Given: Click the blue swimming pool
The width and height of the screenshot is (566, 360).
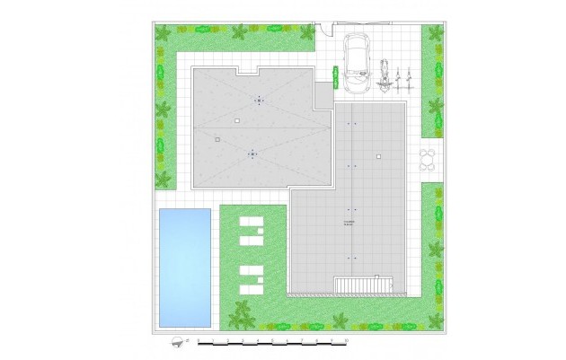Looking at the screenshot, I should [184, 267].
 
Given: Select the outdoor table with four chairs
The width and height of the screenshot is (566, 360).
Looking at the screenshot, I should [429, 160].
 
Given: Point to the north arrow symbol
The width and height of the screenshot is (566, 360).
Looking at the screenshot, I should [177, 341].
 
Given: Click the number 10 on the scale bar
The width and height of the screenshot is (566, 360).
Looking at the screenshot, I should [346, 343].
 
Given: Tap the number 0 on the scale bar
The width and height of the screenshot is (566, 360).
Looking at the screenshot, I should [199, 343].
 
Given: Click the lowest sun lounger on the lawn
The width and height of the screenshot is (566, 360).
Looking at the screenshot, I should [251, 286].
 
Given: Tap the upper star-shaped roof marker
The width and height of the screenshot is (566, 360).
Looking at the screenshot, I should [260, 101].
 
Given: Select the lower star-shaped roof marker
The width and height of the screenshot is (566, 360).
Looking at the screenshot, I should [252, 154].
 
